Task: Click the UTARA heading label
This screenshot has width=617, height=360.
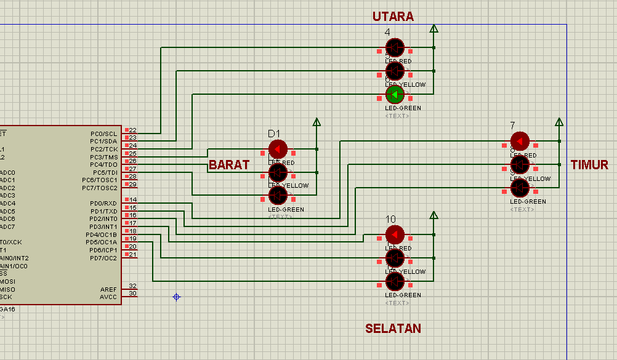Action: tap(393, 17)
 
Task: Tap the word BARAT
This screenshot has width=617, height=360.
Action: tap(229, 165)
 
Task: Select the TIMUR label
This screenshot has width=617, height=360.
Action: tap(589, 165)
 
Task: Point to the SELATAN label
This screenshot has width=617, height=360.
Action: tap(393, 329)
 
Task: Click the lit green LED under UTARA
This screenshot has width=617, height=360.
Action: tap(395, 95)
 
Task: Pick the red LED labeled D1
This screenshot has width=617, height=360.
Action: tap(278, 149)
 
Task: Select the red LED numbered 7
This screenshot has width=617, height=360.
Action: tap(520, 142)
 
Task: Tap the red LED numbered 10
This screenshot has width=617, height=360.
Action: tap(395, 234)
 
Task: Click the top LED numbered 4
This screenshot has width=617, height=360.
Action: tap(395, 47)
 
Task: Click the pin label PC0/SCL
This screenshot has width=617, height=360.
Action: tap(103, 134)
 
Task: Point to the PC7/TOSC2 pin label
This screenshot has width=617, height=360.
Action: tap(100, 188)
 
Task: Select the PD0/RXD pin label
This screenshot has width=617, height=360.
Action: tap(103, 203)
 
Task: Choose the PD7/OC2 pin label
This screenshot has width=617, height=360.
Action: tap(103, 258)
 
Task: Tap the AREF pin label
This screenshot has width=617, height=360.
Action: tap(108, 289)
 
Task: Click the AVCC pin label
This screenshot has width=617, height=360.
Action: tap(108, 297)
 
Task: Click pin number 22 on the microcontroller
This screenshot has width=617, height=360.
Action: tap(133, 130)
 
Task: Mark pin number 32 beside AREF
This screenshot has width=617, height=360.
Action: tap(133, 286)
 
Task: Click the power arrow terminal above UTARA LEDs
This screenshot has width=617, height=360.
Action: tap(434, 28)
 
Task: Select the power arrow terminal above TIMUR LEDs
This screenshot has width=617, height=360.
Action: tap(559, 122)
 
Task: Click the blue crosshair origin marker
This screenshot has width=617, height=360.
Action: tap(176, 297)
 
